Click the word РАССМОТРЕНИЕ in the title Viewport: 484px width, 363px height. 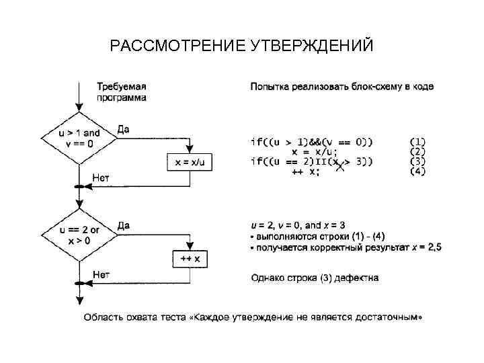click(x=177, y=46)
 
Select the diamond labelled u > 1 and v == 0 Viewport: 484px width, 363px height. click(x=79, y=138)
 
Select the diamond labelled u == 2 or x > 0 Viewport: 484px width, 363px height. click(x=79, y=235)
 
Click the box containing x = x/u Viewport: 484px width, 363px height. click(x=189, y=162)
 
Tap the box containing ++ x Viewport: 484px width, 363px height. click(x=190, y=259)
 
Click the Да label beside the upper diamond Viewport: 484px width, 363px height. click(x=124, y=128)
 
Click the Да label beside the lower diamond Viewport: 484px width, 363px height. click(x=124, y=226)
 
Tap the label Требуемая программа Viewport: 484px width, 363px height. click(x=122, y=91)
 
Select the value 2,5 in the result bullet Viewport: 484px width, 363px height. click(x=434, y=247)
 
